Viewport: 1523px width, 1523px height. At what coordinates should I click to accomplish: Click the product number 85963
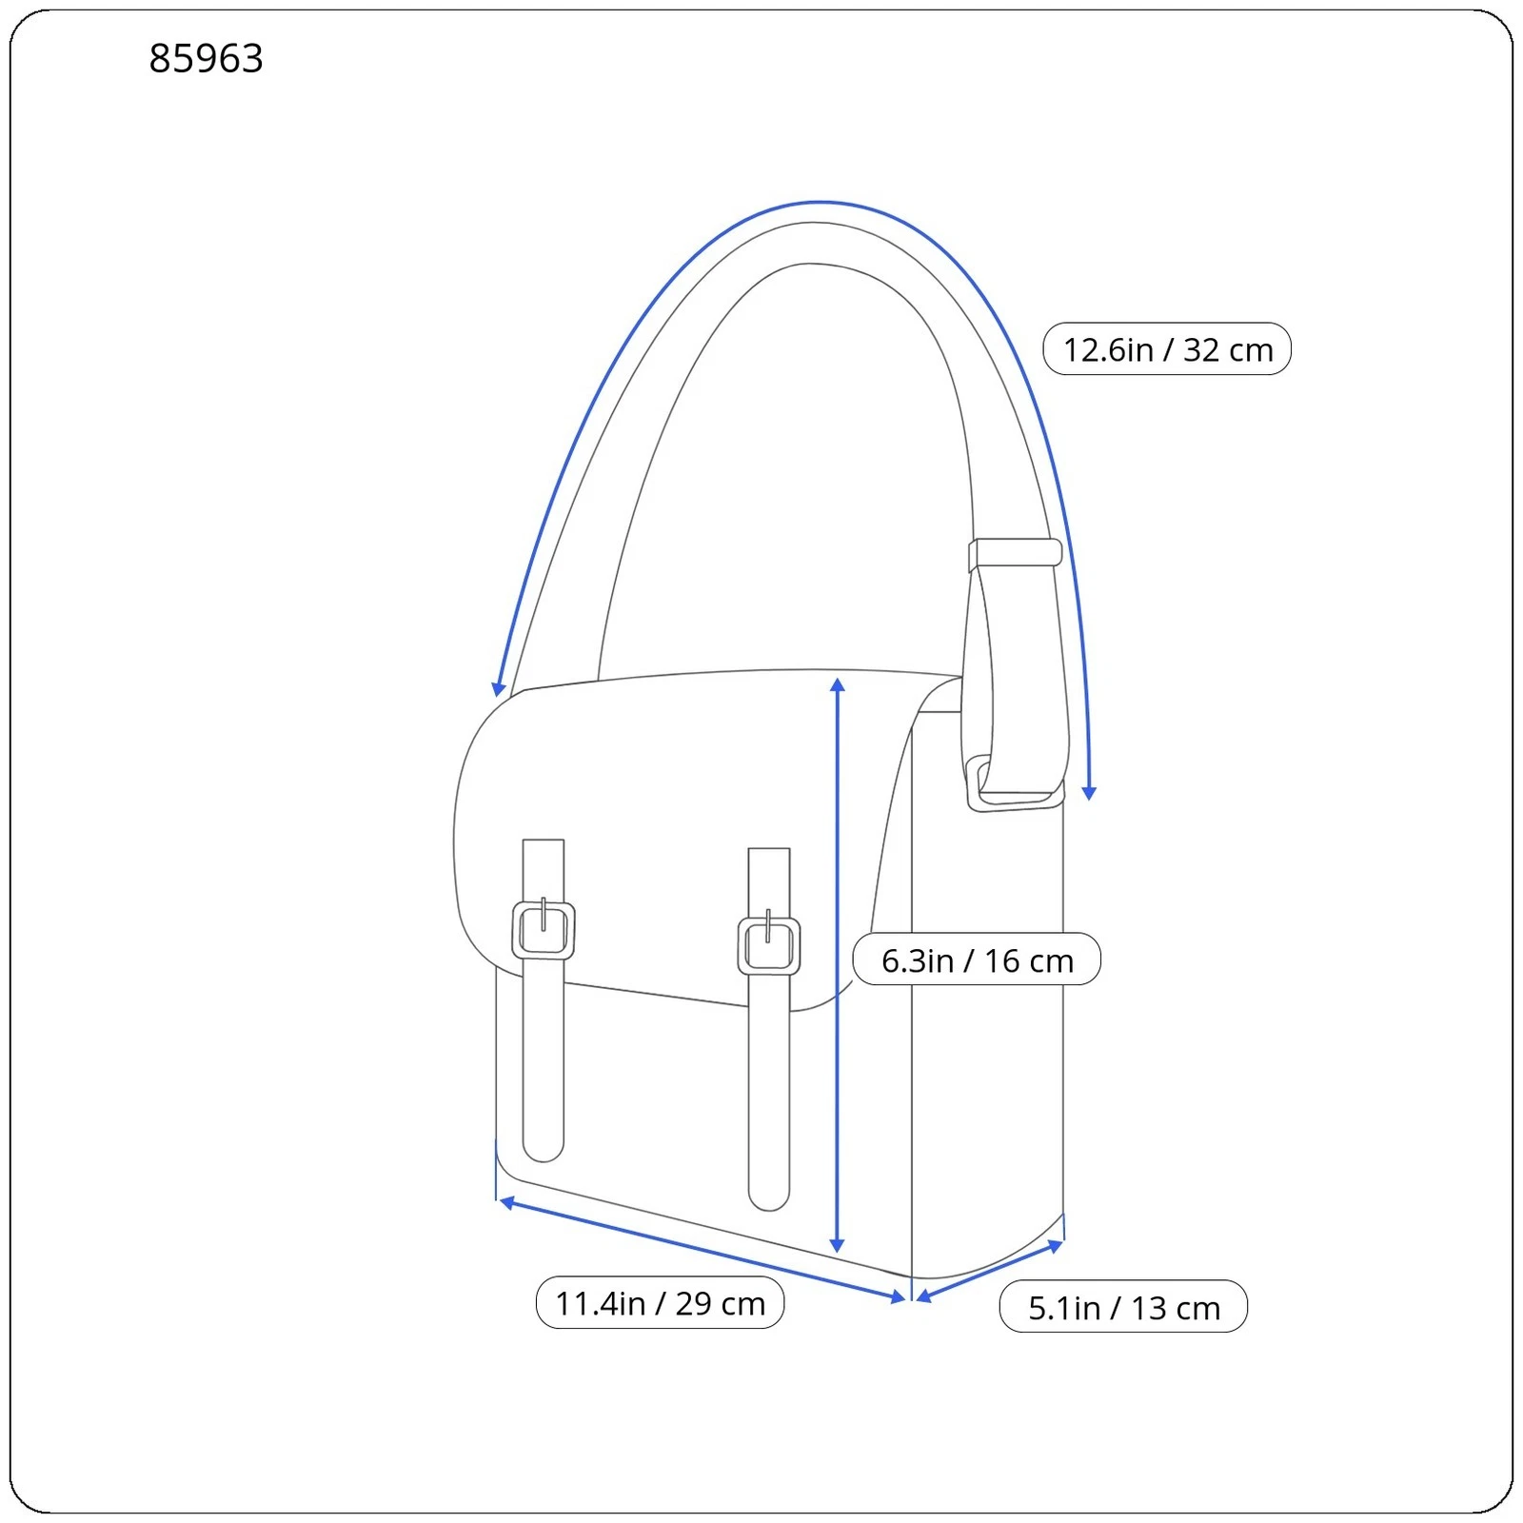pyautogui.click(x=206, y=59)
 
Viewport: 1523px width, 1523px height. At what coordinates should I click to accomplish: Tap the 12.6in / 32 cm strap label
pyautogui.click(x=1167, y=349)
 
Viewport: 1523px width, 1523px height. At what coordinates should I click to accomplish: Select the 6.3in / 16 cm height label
pyautogui.click(x=977, y=959)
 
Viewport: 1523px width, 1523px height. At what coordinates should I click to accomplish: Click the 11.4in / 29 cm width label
pyautogui.click(x=660, y=1303)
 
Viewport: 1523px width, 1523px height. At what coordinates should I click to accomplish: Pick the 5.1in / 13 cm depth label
pyautogui.click(x=1123, y=1307)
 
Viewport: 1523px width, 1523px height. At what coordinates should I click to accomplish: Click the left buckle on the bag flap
pyautogui.click(x=544, y=929)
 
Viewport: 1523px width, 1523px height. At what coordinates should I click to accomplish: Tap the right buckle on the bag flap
pyautogui.click(x=769, y=945)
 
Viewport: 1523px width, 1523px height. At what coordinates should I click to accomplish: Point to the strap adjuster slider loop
pyautogui.click(x=1016, y=553)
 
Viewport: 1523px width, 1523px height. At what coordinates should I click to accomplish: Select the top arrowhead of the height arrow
pyautogui.click(x=838, y=685)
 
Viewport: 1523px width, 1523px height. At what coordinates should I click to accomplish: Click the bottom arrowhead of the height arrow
pyautogui.click(x=838, y=1245)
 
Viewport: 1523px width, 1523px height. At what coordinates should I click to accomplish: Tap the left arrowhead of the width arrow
pyautogui.click(x=508, y=1203)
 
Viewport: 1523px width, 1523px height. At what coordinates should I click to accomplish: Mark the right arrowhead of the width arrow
pyautogui.click(x=898, y=1296)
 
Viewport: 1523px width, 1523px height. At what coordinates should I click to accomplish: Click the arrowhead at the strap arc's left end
pyautogui.click(x=498, y=689)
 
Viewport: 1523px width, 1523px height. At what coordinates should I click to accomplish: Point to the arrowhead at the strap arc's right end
pyautogui.click(x=1090, y=793)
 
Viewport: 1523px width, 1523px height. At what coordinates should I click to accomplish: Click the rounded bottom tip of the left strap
pyautogui.click(x=544, y=1153)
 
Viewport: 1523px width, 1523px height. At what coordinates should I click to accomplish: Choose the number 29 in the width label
pyautogui.click(x=694, y=1304)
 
